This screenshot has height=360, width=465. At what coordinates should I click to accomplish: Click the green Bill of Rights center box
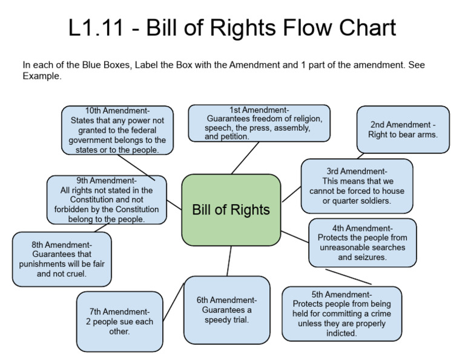231,210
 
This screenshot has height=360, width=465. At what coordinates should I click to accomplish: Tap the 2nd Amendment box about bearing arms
403,130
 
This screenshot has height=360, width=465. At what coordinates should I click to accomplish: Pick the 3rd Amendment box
357,186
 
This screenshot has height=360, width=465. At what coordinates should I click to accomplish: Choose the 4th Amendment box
362,242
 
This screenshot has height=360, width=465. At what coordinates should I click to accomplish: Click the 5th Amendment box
341,314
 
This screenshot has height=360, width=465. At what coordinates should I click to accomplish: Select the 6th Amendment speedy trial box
226,310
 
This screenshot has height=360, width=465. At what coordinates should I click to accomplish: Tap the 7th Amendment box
119,321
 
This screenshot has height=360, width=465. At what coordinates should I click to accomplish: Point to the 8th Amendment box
62,259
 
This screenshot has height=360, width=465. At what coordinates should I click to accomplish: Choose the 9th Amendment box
106,200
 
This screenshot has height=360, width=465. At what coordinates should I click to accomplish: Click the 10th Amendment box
117,130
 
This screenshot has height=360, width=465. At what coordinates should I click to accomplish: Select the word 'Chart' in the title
363,28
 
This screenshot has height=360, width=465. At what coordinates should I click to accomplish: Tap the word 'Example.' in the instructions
42,76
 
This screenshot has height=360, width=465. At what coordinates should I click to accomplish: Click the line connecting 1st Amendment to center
245,158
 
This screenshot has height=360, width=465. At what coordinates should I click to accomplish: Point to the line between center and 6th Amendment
228,261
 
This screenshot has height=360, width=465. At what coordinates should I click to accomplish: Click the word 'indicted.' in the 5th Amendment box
341,333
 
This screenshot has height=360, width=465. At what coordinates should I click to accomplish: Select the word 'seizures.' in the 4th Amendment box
362,257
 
